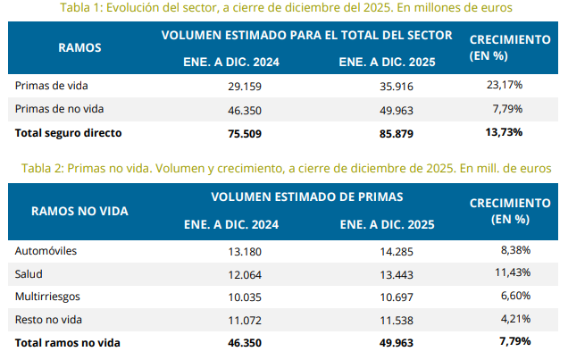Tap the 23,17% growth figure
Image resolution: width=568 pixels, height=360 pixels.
tap(505, 85)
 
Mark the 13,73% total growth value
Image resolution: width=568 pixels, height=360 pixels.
tap(505, 132)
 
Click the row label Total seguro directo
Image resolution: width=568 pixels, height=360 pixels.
tap(68, 132)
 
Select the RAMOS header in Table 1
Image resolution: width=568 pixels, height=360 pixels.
tap(79, 47)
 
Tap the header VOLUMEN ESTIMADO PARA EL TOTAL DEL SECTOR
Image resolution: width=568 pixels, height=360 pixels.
tap(306, 36)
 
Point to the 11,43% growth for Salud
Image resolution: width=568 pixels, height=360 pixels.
tap(505, 272)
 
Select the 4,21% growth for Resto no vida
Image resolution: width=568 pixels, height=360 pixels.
tap(506, 319)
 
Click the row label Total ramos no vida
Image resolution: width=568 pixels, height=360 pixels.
tap(68, 342)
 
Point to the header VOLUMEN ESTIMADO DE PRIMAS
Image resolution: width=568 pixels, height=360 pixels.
tap(306, 197)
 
